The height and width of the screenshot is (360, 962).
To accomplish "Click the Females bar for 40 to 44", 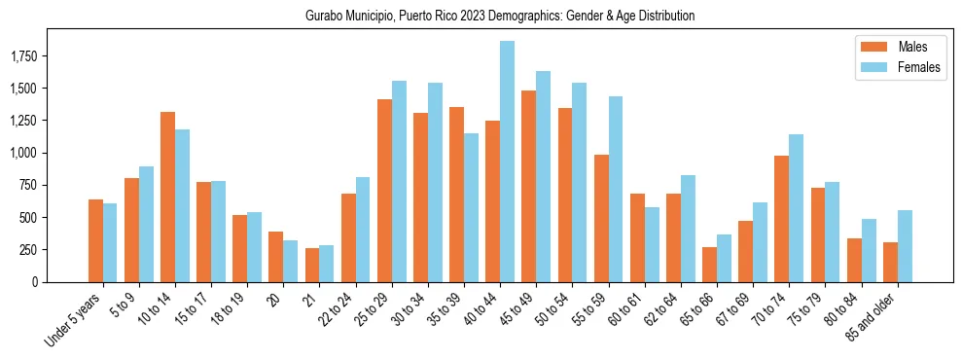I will point(507,162).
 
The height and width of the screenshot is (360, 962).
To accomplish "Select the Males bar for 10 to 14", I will point(167,197).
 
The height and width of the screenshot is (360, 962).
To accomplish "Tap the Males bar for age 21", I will point(311,265).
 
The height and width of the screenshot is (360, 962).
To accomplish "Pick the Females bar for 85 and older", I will point(904,246).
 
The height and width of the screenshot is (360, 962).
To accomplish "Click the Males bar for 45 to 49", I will point(528,186).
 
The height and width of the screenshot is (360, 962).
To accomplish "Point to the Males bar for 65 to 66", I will point(709,265).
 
